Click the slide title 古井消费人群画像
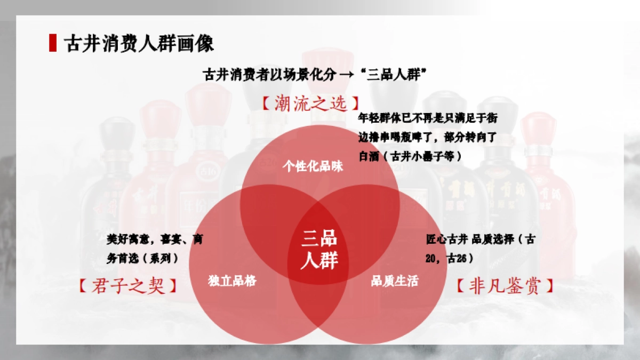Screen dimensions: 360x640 (x=139, y=43)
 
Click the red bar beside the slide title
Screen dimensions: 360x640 (x=52, y=43)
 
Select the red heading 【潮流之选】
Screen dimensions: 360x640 (x=309, y=103)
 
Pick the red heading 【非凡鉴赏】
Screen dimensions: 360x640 (x=505, y=286)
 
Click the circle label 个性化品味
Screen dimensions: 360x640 (x=313, y=167)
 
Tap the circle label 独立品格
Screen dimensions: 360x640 (x=233, y=281)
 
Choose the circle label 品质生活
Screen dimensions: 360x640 (x=395, y=281)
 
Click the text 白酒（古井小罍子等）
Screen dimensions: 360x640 (x=410, y=156)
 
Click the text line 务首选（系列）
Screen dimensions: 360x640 (x=142, y=258)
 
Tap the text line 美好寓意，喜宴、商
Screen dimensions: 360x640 (x=155, y=239)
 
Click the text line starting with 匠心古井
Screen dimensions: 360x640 (x=480, y=239)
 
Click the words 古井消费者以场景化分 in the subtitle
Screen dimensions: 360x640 (x=269, y=74)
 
